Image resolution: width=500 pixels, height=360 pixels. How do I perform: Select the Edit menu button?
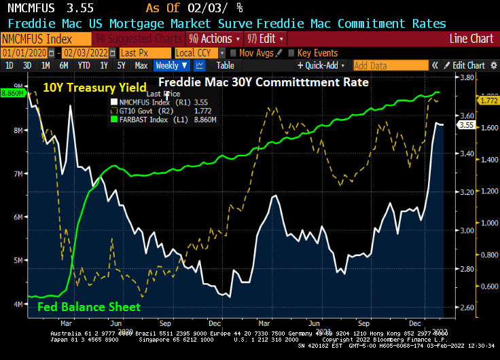[x=266, y=39]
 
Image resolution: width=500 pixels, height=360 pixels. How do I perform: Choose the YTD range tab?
[x=84, y=66]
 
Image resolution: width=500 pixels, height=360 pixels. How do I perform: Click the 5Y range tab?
[x=121, y=66]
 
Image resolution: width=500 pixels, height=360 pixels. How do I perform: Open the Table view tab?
[x=226, y=66]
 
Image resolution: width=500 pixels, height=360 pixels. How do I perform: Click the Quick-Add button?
[x=320, y=66]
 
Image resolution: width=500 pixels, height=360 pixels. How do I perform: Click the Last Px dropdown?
[x=144, y=52]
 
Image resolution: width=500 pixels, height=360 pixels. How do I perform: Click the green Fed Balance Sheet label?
[x=89, y=307]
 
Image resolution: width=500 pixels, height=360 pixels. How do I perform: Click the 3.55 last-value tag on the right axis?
[x=466, y=124]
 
